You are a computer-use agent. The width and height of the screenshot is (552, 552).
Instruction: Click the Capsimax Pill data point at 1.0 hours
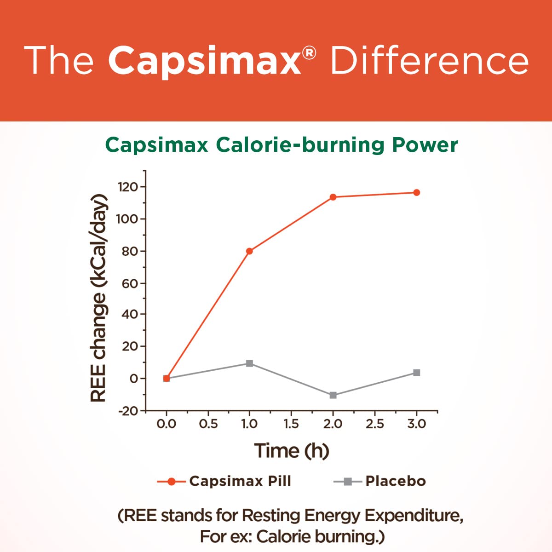tap(249, 251)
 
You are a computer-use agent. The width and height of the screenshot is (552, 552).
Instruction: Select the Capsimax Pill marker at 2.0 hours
tap(333, 197)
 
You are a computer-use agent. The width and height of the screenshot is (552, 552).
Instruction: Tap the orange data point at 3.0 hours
tap(416, 193)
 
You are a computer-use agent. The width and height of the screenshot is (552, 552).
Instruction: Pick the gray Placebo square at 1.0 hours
tap(249, 363)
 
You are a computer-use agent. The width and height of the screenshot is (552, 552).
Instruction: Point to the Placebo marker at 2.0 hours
tap(333, 395)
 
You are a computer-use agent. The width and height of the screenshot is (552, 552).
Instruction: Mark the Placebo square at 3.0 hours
tap(416, 373)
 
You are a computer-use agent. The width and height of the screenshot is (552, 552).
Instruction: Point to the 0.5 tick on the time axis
tap(208, 424)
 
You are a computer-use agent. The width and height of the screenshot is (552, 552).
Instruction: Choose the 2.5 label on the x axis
tap(374, 424)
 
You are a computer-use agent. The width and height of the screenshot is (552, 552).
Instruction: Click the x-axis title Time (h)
tap(292, 450)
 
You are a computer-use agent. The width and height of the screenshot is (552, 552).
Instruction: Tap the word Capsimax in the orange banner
tap(205, 61)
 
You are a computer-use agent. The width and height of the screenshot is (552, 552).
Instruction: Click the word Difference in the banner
tap(429, 61)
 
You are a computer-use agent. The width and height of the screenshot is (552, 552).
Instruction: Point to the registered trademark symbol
tap(310, 54)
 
